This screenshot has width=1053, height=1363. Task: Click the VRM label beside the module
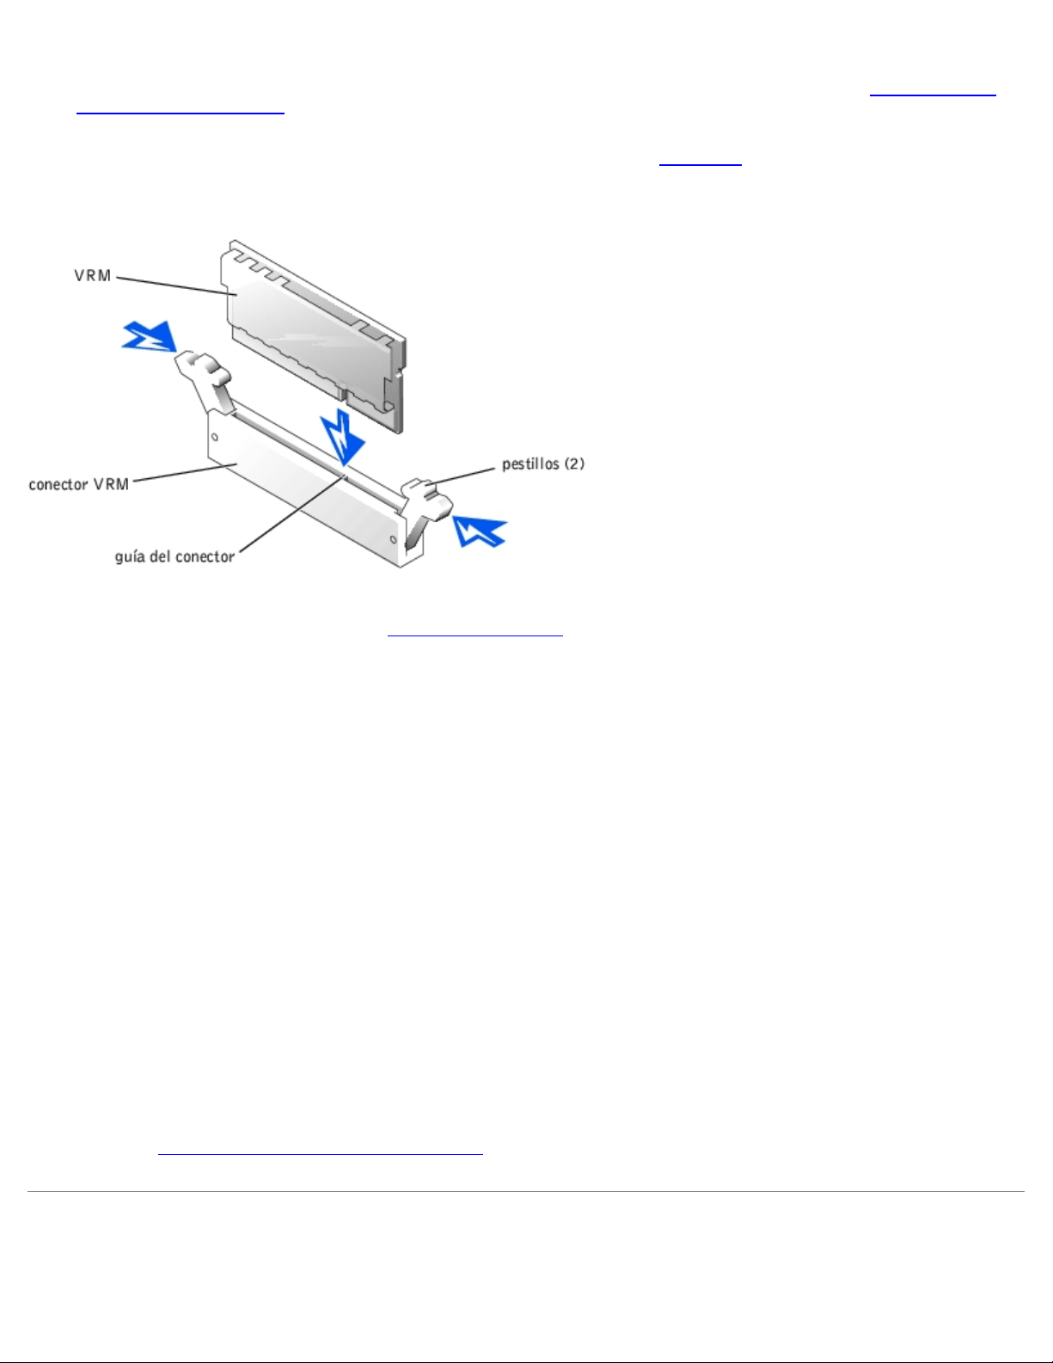point(92,276)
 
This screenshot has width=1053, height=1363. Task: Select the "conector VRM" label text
point(78,484)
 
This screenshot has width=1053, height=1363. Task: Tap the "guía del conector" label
point(174,556)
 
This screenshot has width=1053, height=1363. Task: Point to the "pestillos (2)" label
point(542,464)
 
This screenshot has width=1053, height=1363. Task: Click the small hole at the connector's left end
point(215,436)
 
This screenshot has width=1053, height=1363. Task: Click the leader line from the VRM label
point(176,285)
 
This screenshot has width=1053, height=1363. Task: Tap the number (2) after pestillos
point(574,464)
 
